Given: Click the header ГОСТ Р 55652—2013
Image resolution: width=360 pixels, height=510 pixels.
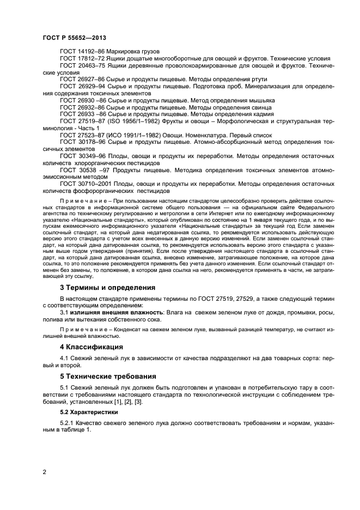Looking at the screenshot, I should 74,37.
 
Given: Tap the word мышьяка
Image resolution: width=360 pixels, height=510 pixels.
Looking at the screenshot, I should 260,100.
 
